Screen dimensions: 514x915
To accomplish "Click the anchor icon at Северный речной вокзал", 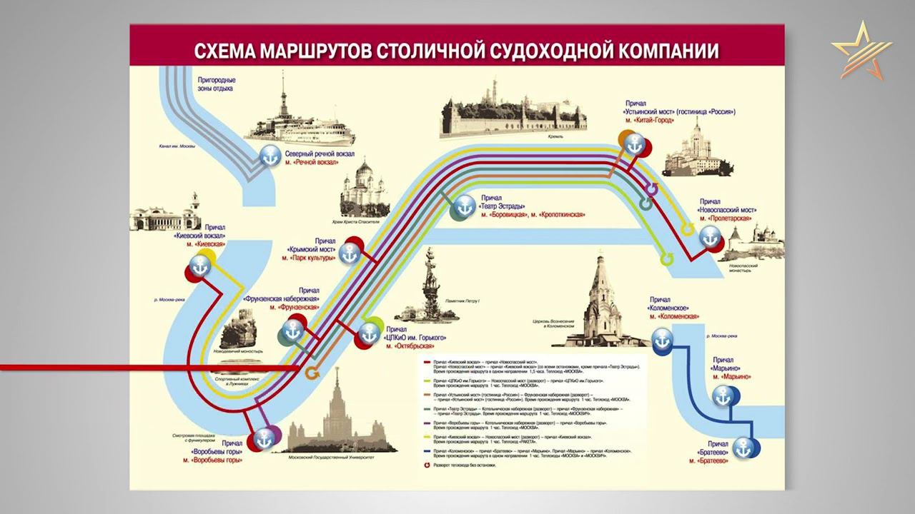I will (270, 155).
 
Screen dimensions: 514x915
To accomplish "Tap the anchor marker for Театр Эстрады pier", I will (464, 206).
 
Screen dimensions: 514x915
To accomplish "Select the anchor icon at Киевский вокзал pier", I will (201, 266).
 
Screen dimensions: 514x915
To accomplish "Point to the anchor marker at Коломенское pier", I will (663, 339).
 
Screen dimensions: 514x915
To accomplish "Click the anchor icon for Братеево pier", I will (746, 448).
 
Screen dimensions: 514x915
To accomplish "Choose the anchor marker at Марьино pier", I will (724, 395).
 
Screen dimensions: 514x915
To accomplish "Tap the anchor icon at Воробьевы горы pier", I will (266, 438).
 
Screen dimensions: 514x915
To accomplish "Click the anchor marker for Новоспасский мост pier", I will (709, 236).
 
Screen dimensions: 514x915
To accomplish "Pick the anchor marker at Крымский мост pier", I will (349, 253).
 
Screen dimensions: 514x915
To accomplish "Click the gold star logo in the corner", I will (861, 51).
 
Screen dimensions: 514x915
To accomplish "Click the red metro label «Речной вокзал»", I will (311, 162).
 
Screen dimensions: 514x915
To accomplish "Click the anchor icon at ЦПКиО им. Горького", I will (369, 333).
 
